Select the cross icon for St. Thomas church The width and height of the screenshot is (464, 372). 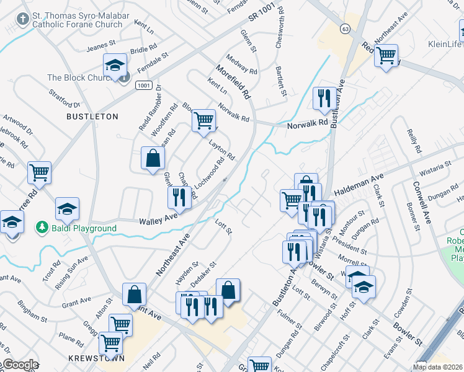tap(23, 19)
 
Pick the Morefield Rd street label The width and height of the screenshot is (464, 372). tap(233, 83)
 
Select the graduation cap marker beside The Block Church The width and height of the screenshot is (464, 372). tap(115, 65)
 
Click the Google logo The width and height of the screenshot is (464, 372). tap(20, 365)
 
